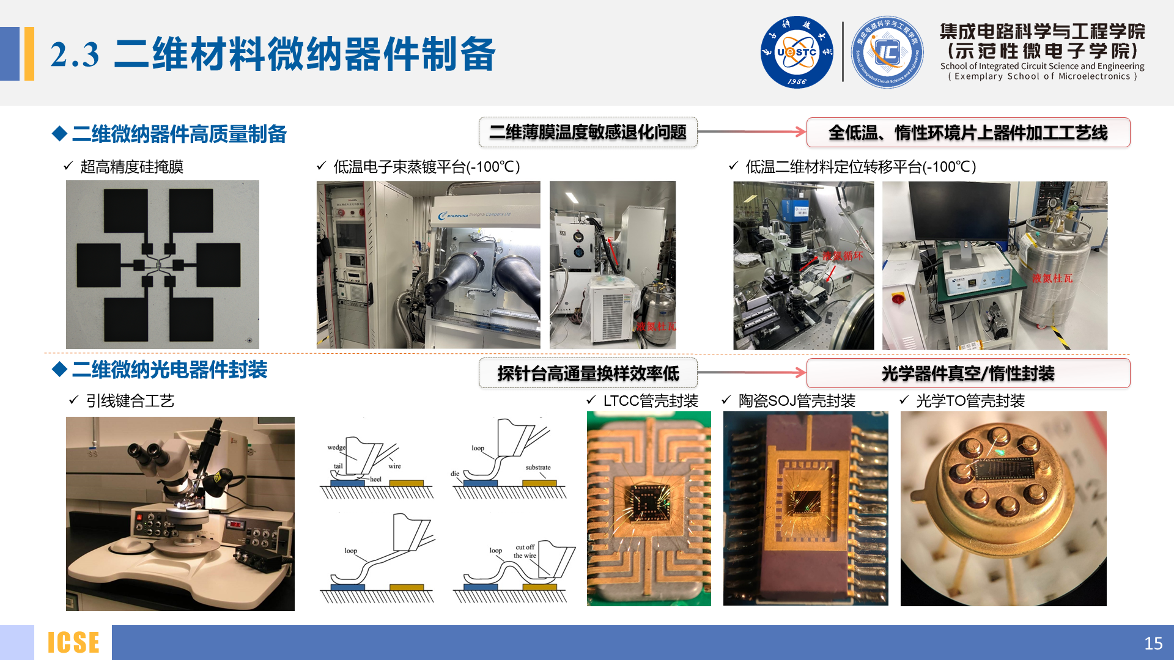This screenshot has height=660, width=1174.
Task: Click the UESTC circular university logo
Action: tap(796, 52)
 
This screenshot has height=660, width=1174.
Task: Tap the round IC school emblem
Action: tap(887, 52)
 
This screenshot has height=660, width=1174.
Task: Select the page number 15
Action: tap(1153, 643)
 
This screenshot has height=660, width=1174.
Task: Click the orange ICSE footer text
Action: tap(73, 643)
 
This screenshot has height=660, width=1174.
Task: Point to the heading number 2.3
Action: tap(75, 55)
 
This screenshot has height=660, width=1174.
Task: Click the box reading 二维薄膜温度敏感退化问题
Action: tap(588, 132)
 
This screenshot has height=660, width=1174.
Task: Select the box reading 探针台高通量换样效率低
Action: tap(588, 373)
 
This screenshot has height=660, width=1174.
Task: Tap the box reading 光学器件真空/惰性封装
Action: tap(968, 373)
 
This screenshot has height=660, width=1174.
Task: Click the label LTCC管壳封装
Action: tap(651, 401)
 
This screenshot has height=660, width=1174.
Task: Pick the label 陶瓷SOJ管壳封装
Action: tap(797, 401)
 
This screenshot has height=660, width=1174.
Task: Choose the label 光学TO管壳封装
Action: tap(970, 401)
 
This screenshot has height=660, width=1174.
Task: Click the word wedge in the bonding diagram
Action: tap(336, 447)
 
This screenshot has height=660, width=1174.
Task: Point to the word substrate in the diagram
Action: tap(537, 468)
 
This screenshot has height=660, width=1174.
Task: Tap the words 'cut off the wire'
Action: tap(525, 551)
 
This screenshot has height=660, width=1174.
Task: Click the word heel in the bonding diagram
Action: tap(375, 479)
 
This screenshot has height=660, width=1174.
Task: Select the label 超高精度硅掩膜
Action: tap(131, 167)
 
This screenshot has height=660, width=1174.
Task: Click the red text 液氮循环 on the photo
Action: tap(842, 256)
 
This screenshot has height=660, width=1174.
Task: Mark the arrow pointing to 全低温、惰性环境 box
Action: tap(751, 131)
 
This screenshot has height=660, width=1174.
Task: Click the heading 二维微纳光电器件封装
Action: tap(169, 370)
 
